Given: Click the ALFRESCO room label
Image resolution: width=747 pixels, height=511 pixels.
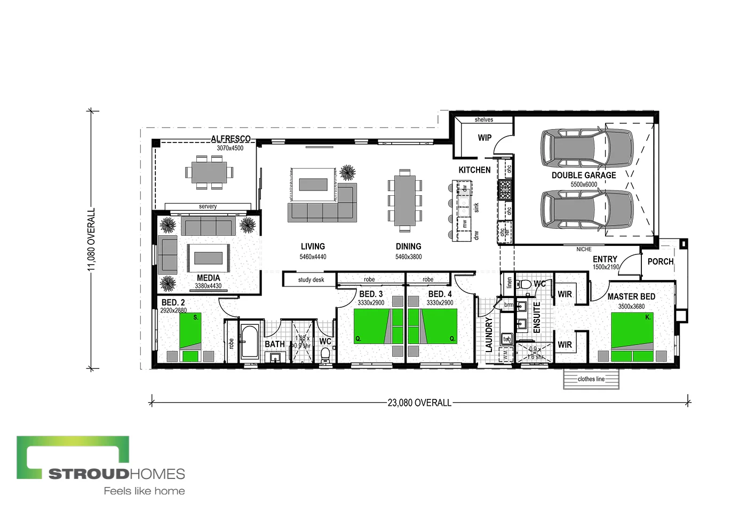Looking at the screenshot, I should click(x=231, y=139).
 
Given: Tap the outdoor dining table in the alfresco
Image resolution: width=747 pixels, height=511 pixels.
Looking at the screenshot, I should click(x=209, y=172).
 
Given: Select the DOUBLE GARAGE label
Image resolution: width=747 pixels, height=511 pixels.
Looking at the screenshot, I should click(x=584, y=175).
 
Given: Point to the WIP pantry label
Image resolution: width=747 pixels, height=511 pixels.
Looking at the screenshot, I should click(x=484, y=138).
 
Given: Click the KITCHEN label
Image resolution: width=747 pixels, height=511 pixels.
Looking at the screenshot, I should click(x=474, y=170).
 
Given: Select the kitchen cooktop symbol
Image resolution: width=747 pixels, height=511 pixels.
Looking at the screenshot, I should click(x=505, y=189).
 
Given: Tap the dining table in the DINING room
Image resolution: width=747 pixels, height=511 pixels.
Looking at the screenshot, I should click(x=404, y=201).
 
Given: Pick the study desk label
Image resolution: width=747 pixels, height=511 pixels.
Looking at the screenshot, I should click(x=311, y=280).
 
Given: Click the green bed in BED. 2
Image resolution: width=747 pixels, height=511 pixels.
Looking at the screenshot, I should click(x=190, y=336).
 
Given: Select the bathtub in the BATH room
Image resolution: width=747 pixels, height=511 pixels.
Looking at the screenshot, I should click(x=249, y=341).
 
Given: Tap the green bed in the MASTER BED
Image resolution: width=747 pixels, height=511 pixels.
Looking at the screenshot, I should click(x=632, y=336).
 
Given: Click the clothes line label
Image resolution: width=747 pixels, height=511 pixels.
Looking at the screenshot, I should click(x=591, y=379).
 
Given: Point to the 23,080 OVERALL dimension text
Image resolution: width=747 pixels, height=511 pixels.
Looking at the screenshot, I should click(x=419, y=403).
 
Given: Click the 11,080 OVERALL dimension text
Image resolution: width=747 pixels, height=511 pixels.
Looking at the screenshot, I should click(x=91, y=239).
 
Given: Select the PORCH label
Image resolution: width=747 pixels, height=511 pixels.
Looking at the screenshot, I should click(x=660, y=261).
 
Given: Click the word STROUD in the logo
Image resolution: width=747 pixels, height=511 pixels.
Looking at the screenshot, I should click(x=89, y=474).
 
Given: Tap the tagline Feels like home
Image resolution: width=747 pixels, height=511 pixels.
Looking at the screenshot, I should click(x=144, y=491).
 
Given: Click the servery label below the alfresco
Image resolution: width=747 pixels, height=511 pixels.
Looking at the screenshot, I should click(x=208, y=206).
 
